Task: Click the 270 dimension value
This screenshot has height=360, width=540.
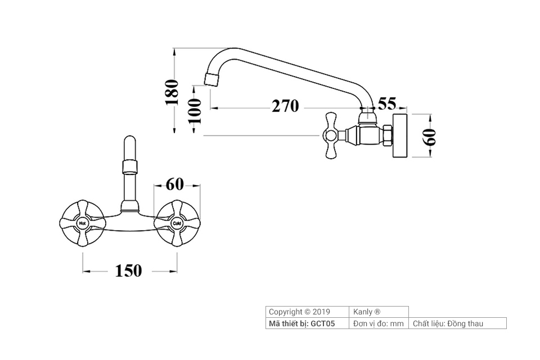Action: coord(285,106)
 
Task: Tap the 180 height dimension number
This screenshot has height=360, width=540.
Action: coord(171,92)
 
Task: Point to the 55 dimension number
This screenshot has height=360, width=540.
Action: coord(387,103)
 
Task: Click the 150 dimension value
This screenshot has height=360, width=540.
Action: coord(128,271)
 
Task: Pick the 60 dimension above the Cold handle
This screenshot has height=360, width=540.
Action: coord(175,184)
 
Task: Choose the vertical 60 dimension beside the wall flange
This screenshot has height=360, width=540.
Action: coord(430,137)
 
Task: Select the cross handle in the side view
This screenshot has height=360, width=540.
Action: coord(330,135)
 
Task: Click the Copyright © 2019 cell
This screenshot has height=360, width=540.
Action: coord(299,312)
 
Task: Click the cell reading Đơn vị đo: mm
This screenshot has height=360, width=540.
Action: coord(379,323)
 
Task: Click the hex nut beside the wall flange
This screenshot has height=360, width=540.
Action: coord(386,136)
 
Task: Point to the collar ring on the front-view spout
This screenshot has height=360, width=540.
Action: coord(130,166)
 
